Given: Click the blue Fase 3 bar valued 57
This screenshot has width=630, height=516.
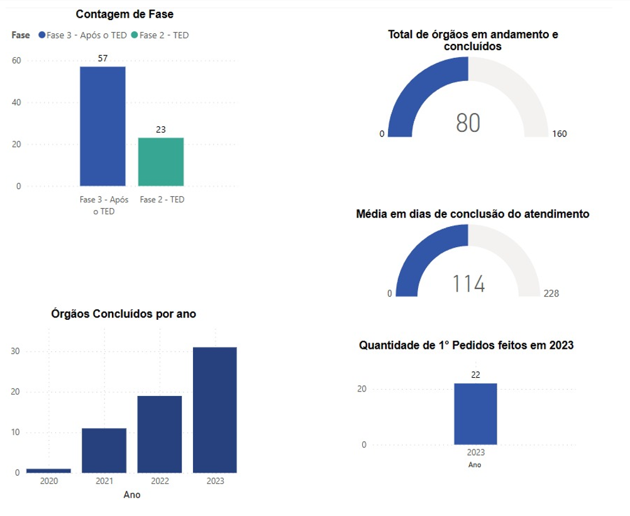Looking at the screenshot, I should pos(102,126).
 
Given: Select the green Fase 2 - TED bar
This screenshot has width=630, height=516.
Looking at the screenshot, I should pos(161,162).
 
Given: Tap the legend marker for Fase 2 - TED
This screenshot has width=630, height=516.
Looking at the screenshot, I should pos(135,35).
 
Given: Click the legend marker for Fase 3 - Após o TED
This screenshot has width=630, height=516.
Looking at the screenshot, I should pos(41,35).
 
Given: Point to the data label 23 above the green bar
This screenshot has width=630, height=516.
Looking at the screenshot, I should pos(161,129).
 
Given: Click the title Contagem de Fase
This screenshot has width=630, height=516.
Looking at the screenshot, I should pos(124,14).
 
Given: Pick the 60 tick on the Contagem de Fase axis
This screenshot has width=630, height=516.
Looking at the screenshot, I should pos(16,61).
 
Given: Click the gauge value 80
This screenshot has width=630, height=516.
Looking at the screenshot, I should pos(468,123).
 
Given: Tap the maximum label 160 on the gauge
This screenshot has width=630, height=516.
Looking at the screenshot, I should pos(559,134).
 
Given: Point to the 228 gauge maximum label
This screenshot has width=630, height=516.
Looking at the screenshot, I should pos(551,294).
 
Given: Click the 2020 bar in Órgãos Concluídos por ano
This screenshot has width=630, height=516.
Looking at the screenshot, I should pos(48,470).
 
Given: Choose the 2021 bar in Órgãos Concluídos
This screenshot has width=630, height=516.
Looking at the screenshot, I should pos(104,450).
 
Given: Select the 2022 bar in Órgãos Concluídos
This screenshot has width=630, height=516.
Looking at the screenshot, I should pos(160,434).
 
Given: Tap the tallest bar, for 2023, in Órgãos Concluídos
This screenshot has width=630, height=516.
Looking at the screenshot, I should pos(215,409).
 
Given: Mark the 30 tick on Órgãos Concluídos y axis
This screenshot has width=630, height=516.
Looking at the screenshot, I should pos(16,351).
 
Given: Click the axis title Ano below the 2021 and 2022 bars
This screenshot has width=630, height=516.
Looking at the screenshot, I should pos(132,495).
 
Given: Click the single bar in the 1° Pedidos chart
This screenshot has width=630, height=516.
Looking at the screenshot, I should pos(475,414).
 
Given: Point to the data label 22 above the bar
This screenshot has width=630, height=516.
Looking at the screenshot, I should pos(475,375).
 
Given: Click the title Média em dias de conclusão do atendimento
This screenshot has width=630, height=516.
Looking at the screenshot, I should pos(473,214).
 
